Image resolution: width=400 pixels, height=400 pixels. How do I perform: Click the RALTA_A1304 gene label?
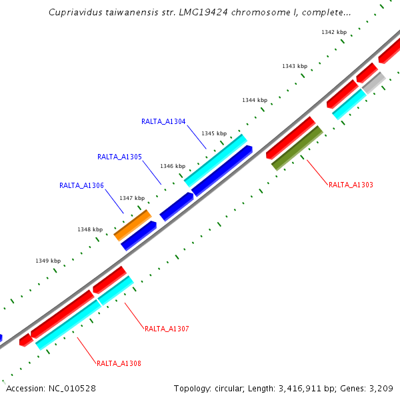click(x=163, y=122)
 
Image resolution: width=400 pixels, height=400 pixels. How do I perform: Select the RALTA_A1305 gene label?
click(x=119, y=157)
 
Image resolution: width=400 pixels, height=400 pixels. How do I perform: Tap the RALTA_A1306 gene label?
click(x=81, y=186)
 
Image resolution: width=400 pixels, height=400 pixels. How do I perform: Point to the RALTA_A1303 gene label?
click(x=351, y=185)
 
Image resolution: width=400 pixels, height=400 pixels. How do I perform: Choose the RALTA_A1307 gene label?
click(x=167, y=329)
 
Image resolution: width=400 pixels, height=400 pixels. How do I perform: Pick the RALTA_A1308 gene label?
click(x=119, y=364)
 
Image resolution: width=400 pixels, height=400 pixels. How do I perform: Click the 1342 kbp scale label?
click(x=334, y=32)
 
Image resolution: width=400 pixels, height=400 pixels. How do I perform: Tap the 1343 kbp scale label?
click(x=295, y=66)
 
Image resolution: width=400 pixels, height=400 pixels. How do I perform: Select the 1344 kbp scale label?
click(x=255, y=100)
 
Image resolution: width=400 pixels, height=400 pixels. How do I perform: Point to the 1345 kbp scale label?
click(x=214, y=133)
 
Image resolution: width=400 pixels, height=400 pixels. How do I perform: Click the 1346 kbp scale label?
click(x=173, y=166)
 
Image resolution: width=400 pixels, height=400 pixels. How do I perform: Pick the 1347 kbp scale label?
click(x=132, y=198)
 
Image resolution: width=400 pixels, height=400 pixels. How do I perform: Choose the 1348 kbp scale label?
click(x=90, y=229)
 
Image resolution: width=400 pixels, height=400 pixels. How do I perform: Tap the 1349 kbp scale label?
click(x=48, y=261)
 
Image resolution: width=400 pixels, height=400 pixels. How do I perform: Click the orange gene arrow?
click(x=133, y=225)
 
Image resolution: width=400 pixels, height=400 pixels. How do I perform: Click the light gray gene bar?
click(x=374, y=83)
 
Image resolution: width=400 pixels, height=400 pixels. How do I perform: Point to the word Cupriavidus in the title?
click(x=74, y=13)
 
